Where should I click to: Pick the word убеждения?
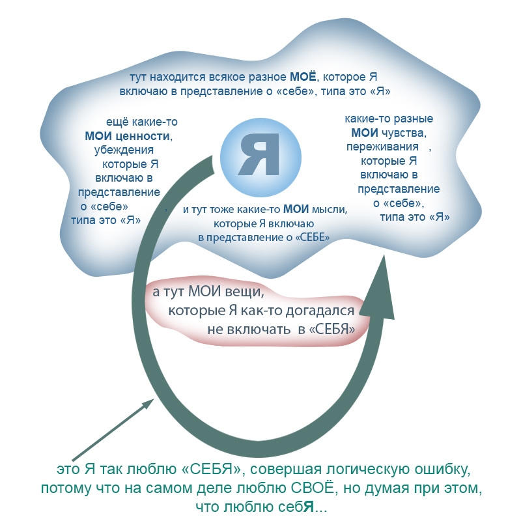tap(124, 150)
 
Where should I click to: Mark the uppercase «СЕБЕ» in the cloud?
tap(312, 238)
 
